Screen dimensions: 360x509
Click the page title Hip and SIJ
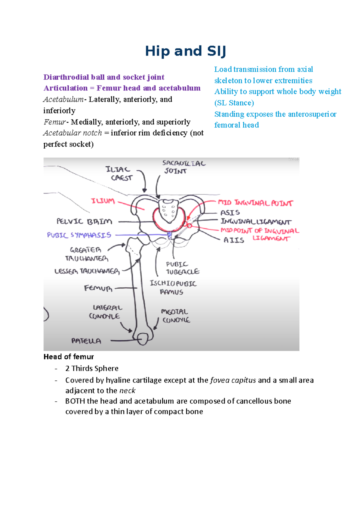(185, 51)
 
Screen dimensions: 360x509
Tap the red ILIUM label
(103, 201)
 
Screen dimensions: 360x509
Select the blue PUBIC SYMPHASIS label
(79, 235)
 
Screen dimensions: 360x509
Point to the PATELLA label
(86, 341)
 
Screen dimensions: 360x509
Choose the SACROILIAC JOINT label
(184, 167)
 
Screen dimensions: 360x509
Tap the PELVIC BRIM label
(84, 222)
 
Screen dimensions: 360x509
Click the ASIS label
(230, 213)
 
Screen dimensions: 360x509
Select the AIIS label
(234, 240)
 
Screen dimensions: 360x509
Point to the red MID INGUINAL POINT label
(255, 203)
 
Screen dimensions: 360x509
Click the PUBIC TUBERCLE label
(182, 268)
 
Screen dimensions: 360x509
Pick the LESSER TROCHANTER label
(87, 271)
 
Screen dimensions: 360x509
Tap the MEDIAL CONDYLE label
(176, 316)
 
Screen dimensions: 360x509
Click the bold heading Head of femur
(69, 357)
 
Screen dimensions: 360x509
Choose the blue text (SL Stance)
(234, 103)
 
